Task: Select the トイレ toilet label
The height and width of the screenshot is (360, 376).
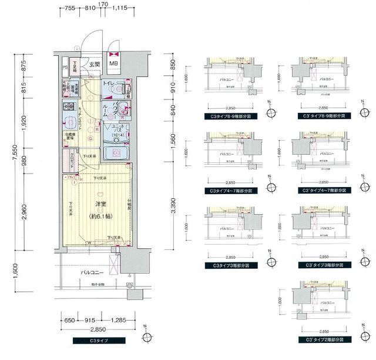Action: coord(109,85)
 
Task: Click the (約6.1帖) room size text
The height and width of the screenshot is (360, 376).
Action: coord(101,216)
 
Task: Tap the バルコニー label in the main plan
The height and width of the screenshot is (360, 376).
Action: coord(94,273)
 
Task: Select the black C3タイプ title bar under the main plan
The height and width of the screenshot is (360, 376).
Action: coord(98,341)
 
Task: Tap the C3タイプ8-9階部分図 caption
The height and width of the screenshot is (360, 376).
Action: coord(230,117)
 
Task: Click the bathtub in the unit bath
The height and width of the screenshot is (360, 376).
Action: coord(115,154)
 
